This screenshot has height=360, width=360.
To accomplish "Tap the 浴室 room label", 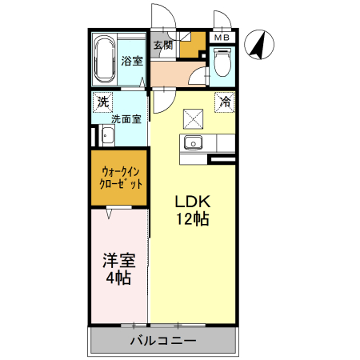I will pyautogui.click(x=131, y=61).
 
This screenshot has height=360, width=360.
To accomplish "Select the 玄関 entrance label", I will pyautogui.click(x=162, y=45).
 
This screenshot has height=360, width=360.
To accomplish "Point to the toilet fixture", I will pyautogui.click(x=222, y=62).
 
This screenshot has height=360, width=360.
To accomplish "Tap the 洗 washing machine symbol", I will pyautogui.click(x=102, y=102).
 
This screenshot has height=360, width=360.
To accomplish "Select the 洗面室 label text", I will pyautogui.click(x=126, y=119).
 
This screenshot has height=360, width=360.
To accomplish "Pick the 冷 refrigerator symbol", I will pyautogui.click(x=226, y=102).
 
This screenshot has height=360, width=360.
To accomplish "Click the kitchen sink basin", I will pyautogui.click(x=192, y=143).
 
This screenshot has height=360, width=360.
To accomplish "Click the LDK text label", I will pyautogui.click(x=192, y=201).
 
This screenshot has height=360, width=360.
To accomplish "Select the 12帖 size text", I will pyautogui.click(x=192, y=219).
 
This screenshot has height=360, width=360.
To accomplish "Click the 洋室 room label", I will pyautogui.click(x=118, y=261).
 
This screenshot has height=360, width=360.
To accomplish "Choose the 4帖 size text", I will pyautogui.click(x=118, y=279).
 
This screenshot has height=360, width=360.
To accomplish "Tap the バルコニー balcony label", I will pyautogui.click(x=163, y=342).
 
